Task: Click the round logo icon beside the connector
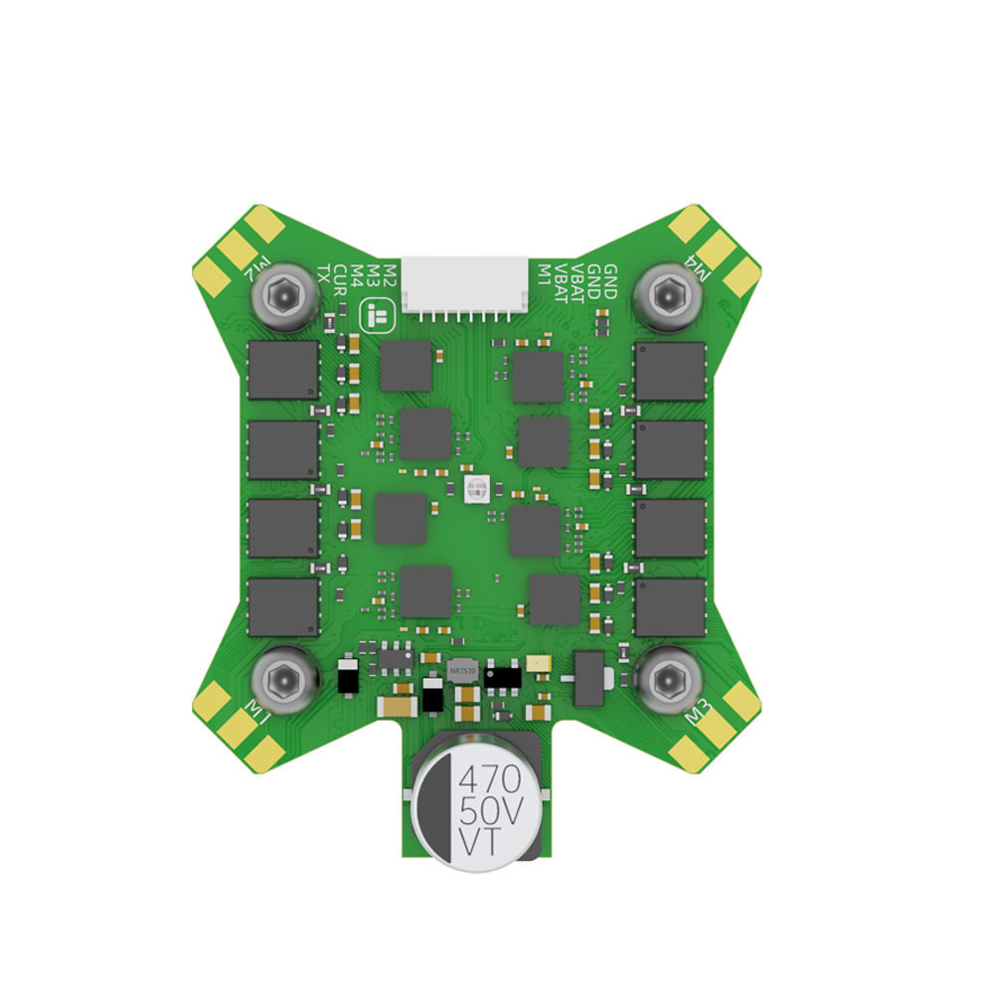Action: [x=377, y=318]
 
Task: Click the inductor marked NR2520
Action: [x=463, y=671]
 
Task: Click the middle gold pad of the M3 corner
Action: [x=717, y=731]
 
